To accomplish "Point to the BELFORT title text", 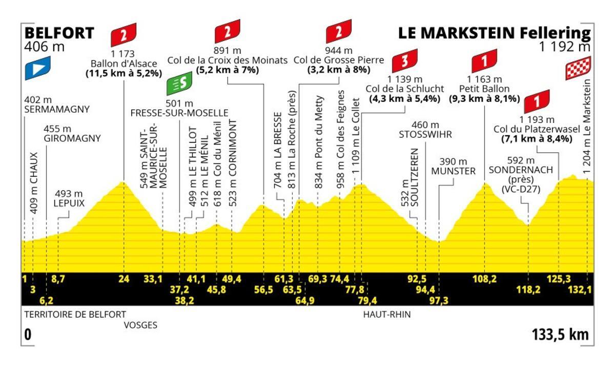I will (59, 33).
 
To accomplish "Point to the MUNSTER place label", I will (454, 171).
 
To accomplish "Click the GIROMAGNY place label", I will (72, 138).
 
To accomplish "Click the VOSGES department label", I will (140, 325).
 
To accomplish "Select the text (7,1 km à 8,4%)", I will (536, 138).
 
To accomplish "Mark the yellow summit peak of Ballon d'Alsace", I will (123, 182).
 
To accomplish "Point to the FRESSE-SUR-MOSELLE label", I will (179, 113).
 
